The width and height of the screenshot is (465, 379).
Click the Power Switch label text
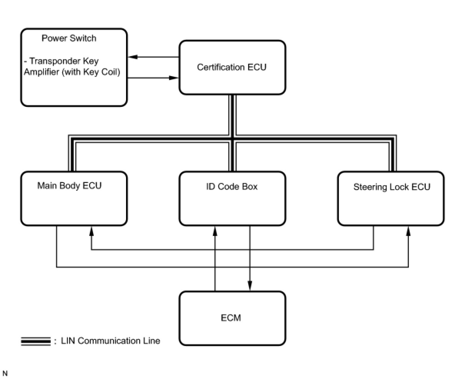69,38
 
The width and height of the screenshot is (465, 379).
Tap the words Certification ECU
232,67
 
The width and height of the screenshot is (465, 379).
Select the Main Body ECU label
70,186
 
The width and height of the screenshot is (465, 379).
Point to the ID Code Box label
232,186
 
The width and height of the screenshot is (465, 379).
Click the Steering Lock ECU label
392,187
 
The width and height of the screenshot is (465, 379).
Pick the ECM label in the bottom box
231,318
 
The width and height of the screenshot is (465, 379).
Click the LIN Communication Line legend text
110,341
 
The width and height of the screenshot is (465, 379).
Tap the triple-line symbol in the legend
36,341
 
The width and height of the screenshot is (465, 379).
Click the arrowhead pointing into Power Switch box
133,57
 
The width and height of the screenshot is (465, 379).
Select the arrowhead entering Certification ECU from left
174,78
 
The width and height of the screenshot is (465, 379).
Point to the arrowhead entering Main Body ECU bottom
91,231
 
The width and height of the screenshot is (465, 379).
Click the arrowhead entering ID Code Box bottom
215,231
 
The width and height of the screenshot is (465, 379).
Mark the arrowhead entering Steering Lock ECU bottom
408,231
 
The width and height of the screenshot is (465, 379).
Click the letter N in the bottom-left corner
5,373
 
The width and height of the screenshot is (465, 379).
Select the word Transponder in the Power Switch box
55,61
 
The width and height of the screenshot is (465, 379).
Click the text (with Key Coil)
91,72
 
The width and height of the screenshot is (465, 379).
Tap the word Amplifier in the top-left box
42,72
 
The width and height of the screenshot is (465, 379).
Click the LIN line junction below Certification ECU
232,139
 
